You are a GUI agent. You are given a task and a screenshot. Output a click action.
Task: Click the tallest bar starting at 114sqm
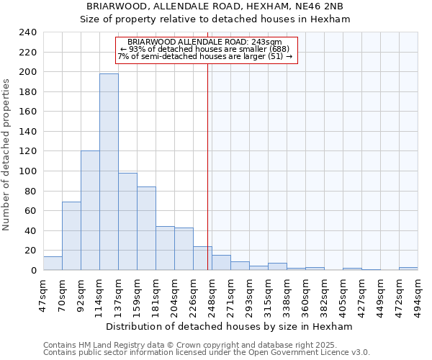click(x=109, y=171)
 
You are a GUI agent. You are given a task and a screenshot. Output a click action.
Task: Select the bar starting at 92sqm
click(x=90, y=210)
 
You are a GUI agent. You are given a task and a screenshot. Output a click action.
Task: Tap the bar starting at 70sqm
click(x=71, y=235)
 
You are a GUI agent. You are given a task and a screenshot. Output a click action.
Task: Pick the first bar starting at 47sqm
click(x=53, y=264)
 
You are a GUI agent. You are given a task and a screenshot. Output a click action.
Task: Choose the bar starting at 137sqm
click(x=127, y=221)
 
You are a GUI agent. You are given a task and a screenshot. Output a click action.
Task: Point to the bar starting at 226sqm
click(x=202, y=258)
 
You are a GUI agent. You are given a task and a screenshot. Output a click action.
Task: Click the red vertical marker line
click(x=208, y=166)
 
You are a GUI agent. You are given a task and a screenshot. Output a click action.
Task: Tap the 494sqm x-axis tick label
click(x=418, y=294)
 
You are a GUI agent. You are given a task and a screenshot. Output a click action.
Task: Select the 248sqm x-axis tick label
click(x=212, y=294)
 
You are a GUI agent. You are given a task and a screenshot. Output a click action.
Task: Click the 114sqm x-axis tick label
click(x=99, y=294)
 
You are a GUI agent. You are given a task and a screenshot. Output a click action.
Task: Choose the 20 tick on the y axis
click(x=30, y=251)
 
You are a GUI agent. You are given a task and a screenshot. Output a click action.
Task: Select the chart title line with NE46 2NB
click(x=215, y=6)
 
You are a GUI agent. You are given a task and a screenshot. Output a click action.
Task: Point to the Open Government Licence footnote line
click(x=207, y=352)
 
